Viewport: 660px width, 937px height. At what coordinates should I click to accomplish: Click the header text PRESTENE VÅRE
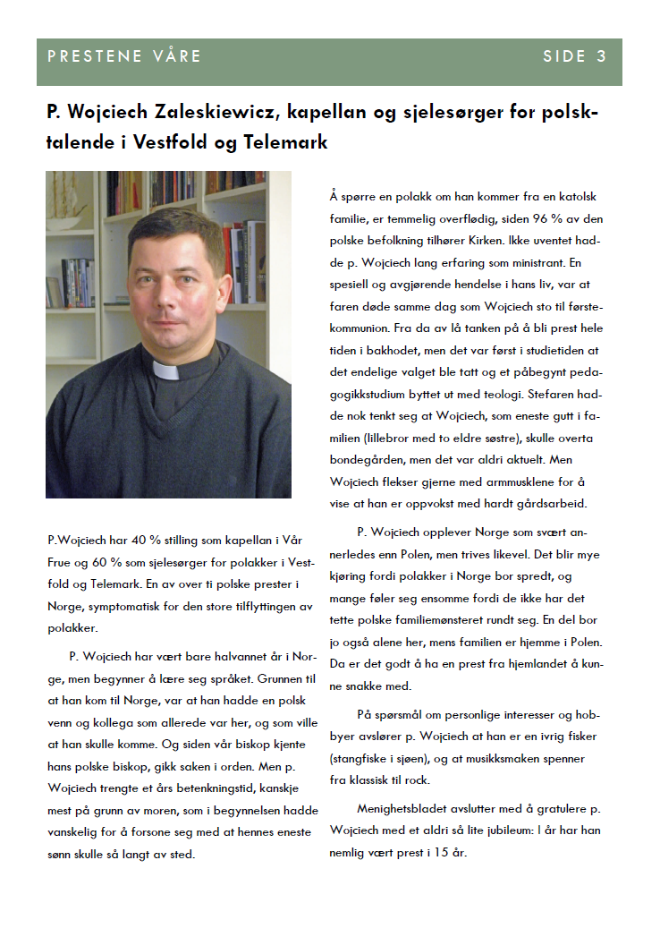coord(124,56)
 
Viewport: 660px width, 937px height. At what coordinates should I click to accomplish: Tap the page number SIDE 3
coord(575,56)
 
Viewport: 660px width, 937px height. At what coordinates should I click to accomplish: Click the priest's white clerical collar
coord(169,369)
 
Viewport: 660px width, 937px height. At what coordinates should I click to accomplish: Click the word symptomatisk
coord(128,607)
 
